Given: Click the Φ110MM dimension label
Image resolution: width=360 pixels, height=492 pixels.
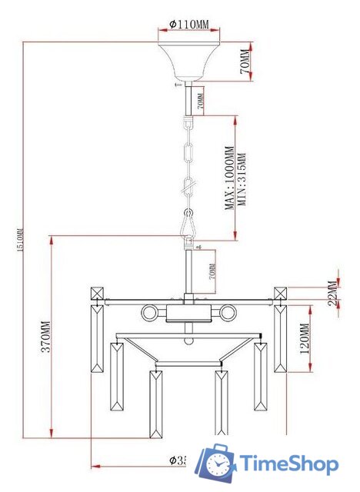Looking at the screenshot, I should tap(189, 24).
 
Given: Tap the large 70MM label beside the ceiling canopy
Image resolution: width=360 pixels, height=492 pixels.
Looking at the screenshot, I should tap(245, 63).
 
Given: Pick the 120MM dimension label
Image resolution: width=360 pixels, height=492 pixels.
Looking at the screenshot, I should tap(304, 337).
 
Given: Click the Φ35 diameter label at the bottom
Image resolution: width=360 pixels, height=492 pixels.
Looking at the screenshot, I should tap(178, 461).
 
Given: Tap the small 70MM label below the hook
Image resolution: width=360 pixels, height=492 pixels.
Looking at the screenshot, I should tap(212, 271).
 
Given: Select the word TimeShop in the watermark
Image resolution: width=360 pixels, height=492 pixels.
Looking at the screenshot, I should tap(288, 464).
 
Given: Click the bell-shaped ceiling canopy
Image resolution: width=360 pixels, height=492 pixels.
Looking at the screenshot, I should tap(189, 61).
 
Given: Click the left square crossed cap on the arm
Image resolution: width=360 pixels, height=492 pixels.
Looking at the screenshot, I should tap(97, 293).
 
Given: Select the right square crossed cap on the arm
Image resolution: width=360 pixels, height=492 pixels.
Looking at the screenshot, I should tap(280, 293).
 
